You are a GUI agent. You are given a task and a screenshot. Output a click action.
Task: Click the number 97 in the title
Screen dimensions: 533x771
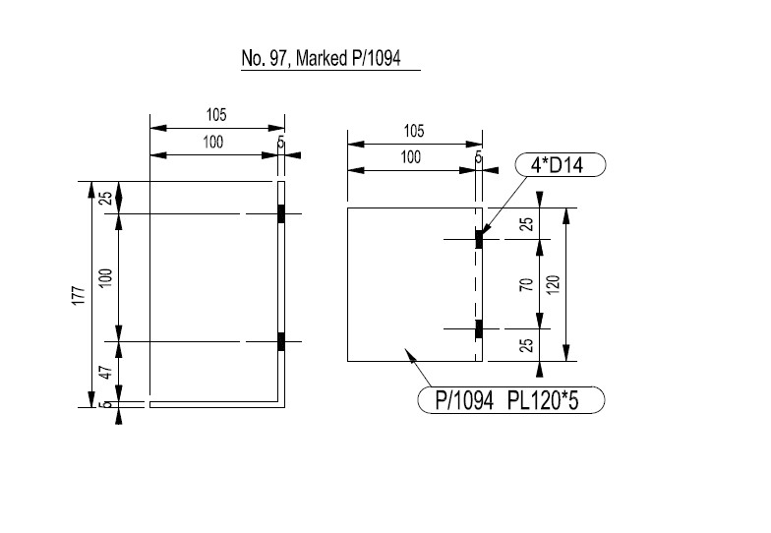click(276, 59)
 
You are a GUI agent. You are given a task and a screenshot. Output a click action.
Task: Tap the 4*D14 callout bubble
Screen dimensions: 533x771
click(558, 165)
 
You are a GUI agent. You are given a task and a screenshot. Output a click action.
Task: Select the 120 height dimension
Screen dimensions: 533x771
click(554, 285)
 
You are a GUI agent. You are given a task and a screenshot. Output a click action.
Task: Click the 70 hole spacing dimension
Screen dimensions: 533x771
click(526, 284)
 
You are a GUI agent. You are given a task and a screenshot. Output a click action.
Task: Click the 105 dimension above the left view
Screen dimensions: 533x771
click(216, 115)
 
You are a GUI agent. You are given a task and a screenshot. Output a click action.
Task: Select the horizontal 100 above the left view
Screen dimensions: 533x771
click(212, 143)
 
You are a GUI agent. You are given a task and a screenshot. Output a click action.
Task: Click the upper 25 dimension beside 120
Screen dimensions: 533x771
click(526, 223)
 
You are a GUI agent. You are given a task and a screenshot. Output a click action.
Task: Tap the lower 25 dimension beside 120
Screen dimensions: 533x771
click(526, 345)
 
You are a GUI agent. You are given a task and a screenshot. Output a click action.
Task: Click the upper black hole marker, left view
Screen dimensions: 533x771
click(281, 213)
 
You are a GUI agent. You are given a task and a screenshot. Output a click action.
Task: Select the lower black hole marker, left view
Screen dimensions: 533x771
click(281, 341)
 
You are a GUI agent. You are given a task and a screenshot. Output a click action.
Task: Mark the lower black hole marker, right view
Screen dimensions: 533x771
click(479, 328)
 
